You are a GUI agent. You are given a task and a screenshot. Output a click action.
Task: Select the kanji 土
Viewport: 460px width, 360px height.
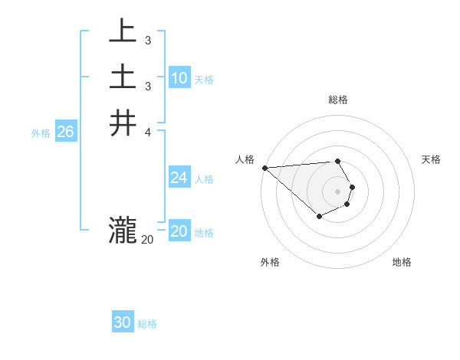tap(123, 77)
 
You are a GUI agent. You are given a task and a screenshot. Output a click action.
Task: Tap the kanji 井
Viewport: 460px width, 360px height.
tap(123, 123)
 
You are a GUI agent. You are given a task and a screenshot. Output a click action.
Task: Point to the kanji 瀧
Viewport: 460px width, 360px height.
tap(123, 229)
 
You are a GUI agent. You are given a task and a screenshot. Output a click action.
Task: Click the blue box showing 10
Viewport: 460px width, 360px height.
tap(179, 77)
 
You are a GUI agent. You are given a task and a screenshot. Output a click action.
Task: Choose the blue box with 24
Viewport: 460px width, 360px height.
tap(179, 178)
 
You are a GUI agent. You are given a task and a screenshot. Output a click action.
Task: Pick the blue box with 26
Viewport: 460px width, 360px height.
tap(65, 132)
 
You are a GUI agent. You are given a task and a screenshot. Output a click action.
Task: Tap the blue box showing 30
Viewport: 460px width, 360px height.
tap(123, 322)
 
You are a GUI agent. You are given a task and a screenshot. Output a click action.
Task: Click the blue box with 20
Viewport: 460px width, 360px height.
tap(179, 231)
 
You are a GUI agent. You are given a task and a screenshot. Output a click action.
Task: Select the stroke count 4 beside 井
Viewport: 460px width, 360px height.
tap(147, 132)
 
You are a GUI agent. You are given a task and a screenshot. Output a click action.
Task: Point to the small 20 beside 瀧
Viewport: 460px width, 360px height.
tap(147, 240)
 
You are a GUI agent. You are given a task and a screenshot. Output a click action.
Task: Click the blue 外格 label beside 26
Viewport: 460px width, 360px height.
tap(41, 133)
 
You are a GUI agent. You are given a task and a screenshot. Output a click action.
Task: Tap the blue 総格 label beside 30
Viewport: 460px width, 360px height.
tap(147, 324)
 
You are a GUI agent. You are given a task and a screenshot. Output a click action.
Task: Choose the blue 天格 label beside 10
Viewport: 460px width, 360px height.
tap(204, 79)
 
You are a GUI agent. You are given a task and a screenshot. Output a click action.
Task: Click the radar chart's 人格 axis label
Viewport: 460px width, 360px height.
tap(245, 159)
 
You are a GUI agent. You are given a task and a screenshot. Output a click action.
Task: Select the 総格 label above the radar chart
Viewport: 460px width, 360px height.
tap(337, 100)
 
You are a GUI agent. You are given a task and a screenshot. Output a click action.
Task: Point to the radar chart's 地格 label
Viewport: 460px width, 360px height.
tap(402, 262)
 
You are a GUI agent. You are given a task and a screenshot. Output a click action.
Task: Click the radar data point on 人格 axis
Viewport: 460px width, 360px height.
tap(264, 168)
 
